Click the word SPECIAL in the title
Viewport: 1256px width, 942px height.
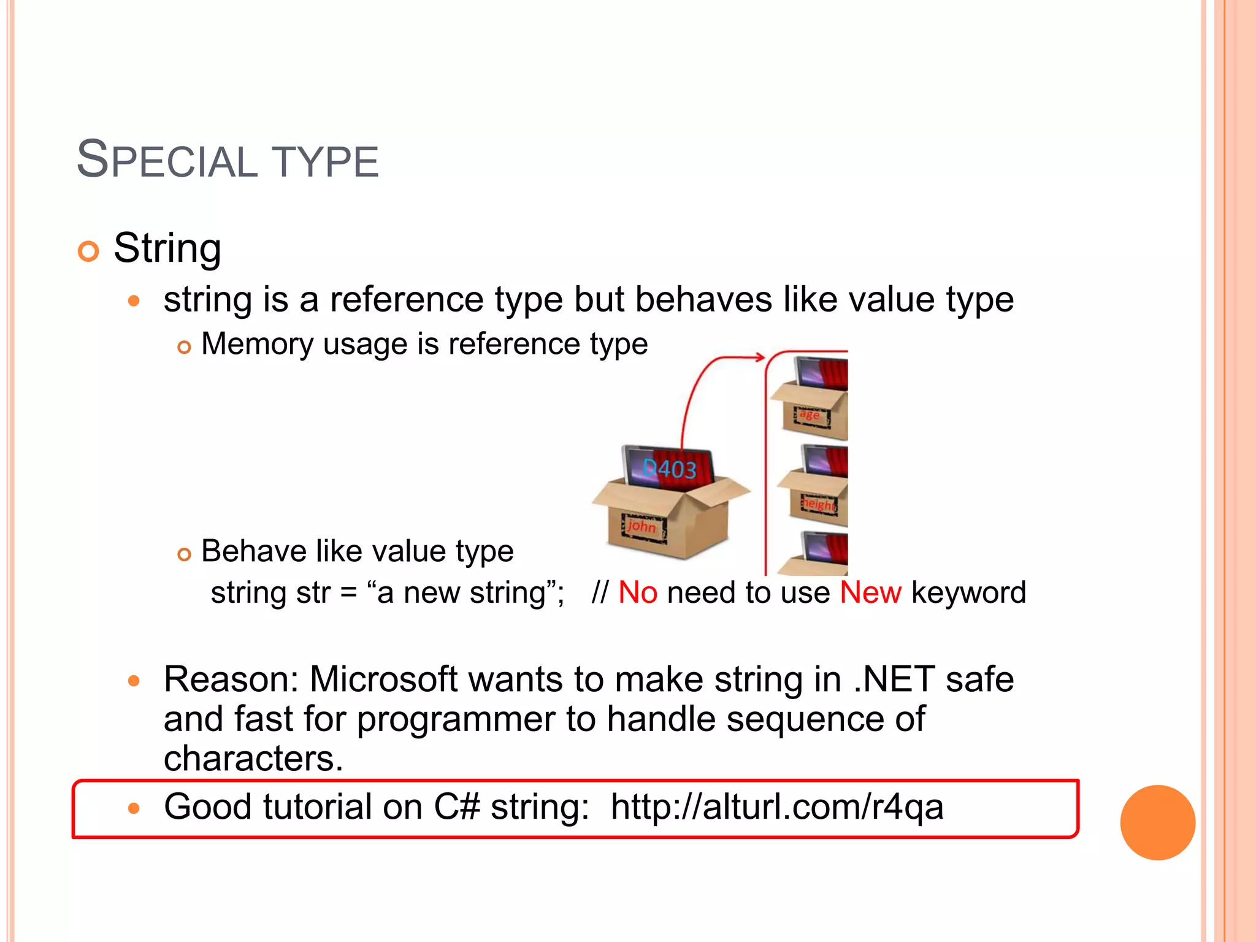(167, 161)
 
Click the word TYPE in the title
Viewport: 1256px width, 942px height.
(325, 162)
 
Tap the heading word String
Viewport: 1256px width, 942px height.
(167, 248)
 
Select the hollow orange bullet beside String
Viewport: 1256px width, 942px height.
(89, 251)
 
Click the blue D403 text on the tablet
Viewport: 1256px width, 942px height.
(669, 470)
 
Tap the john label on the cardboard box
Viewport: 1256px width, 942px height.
(641, 526)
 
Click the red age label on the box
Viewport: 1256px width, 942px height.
(809, 415)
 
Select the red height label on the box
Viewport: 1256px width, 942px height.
(819, 504)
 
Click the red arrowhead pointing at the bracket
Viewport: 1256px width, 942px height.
(760, 357)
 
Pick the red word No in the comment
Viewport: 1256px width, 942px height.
(638, 593)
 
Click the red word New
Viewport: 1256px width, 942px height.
(870, 593)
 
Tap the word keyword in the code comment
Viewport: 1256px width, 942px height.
(968, 593)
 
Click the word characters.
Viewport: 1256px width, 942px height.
(253, 759)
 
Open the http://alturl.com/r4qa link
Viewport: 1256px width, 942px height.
(776, 807)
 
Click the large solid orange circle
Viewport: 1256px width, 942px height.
(1157, 822)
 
